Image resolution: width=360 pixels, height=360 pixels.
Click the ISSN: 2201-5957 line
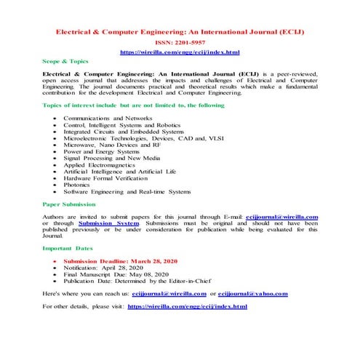click(x=179, y=44)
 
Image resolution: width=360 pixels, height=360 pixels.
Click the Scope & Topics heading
click(x=65, y=62)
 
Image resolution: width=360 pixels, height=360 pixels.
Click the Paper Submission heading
click(x=69, y=205)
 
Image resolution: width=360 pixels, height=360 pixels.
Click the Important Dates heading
click(x=66, y=248)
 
